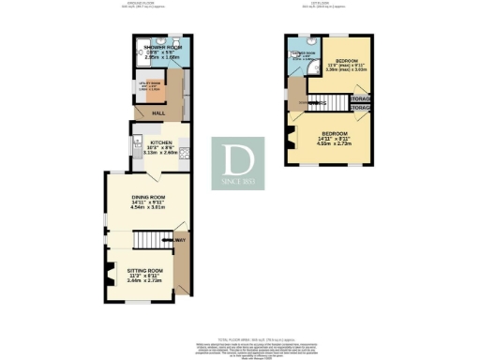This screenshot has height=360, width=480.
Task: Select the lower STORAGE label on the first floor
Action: tap(360, 120)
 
